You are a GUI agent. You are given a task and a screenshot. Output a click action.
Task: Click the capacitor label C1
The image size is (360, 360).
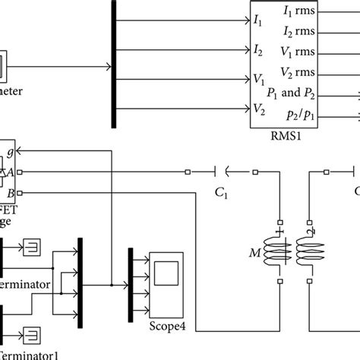click(x=222, y=194)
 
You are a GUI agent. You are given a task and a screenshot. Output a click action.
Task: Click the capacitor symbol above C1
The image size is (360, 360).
click(x=222, y=172)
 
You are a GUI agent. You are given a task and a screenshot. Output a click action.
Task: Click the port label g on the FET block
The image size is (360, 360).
click(x=9, y=150)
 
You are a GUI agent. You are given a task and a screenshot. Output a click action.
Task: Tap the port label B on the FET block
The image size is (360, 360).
click(x=9, y=193)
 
